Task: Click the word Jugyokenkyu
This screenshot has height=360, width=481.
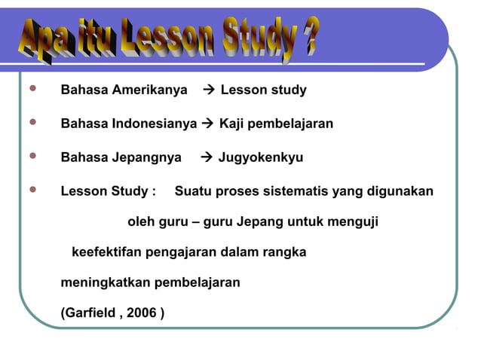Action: point(261,157)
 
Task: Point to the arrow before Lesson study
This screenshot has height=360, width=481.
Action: point(209,90)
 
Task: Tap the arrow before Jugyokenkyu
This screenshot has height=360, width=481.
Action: point(207,157)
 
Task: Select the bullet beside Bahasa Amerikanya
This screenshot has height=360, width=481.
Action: point(31,90)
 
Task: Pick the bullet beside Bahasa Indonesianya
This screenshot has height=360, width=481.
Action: point(31,123)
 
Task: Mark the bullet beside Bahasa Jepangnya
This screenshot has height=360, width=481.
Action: point(31,157)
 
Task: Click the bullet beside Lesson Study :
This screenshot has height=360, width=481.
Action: point(31,191)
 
